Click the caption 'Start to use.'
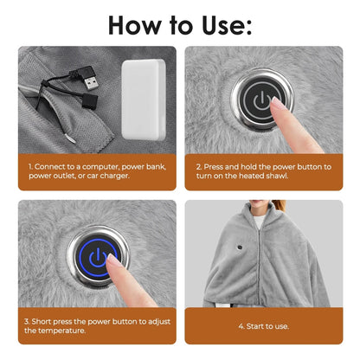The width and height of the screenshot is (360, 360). [x=265, y=326]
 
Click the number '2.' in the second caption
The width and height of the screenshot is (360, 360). [x=198, y=164]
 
